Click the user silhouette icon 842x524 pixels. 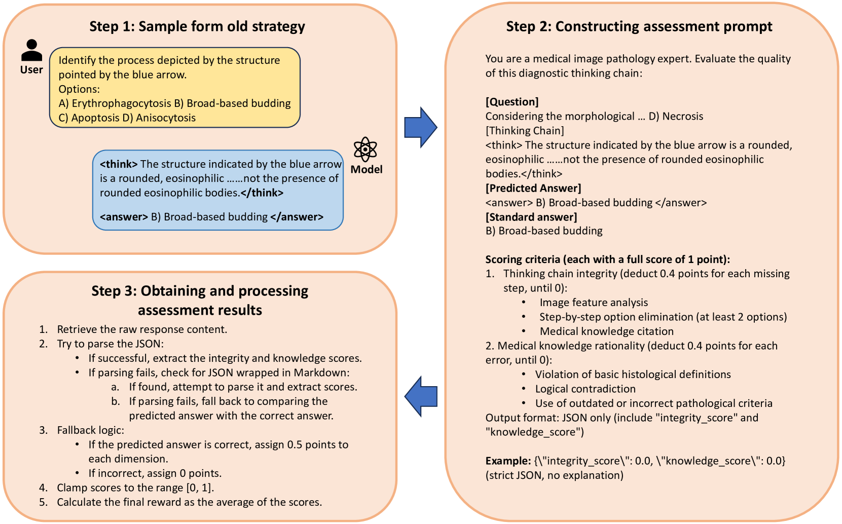tap(31, 50)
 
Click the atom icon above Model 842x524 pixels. tap(365, 149)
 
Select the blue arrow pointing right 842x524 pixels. tap(420, 128)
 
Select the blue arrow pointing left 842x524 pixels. tap(421, 396)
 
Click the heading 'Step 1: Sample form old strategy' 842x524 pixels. tap(197, 26)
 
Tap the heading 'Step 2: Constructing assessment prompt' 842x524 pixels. tap(639, 26)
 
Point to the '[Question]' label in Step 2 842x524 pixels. tap(512, 102)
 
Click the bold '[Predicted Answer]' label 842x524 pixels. tap(533, 188)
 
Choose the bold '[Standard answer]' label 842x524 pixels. tap(531, 217)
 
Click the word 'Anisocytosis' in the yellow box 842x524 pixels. tap(166, 118)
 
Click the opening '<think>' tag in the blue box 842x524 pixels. tap(119, 164)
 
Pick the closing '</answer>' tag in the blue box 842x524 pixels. tap(297, 217)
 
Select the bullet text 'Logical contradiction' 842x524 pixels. tap(585, 389)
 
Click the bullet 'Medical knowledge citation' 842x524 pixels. tap(606, 331)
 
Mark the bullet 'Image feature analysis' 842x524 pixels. tap(594, 303)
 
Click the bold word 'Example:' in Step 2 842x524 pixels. tap(508, 461)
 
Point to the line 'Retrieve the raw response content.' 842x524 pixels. tap(142, 329)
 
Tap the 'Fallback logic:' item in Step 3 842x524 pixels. tap(90, 430)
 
